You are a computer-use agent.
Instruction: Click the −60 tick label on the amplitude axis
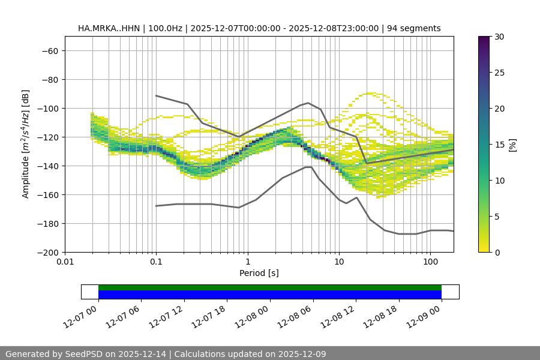tap(49, 50)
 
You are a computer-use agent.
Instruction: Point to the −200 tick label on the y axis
tap(47, 252)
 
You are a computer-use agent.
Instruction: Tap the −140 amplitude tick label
tap(47, 166)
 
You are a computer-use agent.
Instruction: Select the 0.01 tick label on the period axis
tap(65, 262)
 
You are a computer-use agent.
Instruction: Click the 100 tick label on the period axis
tap(430, 262)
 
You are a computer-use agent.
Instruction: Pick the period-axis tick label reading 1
tap(247, 262)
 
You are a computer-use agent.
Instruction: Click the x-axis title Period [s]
tap(259, 273)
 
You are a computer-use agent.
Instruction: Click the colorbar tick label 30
tap(499, 37)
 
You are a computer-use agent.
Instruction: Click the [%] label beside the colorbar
tap(512, 145)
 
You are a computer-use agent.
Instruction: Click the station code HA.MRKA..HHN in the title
tap(106, 28)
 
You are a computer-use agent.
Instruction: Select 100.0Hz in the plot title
tap(163, 28)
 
